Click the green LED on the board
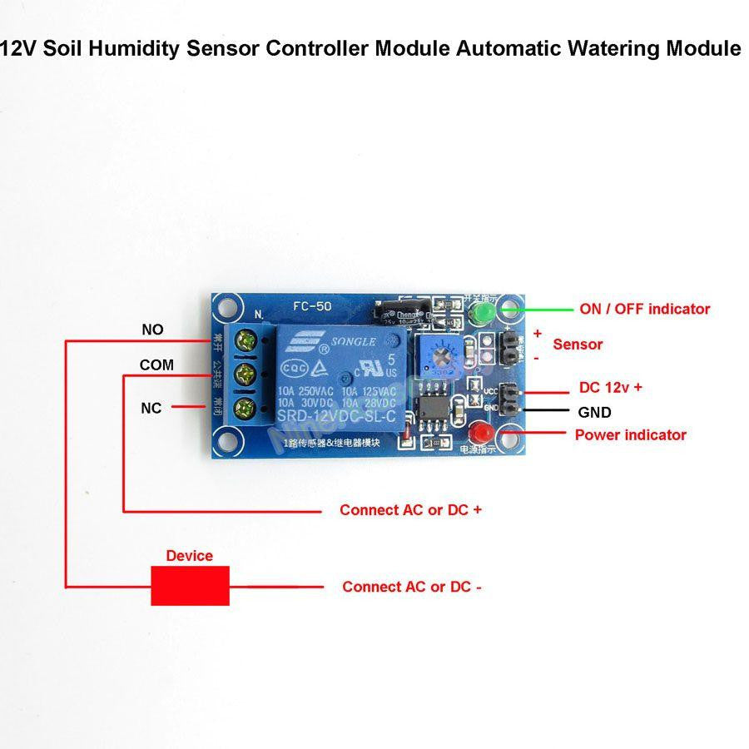point(482,313)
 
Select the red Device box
point(190,586)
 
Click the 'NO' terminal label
point(152,330)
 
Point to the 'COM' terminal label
point(156,365)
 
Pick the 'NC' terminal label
point(151,408)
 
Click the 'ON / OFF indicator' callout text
point(644,309)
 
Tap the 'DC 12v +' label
point(610,388)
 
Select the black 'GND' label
point(594,412)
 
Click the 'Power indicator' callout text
point(630,434)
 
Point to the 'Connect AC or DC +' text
point(410,510)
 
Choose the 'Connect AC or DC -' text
point(412,587)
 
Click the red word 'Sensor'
point(578,344)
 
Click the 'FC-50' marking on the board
point(311,306)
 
